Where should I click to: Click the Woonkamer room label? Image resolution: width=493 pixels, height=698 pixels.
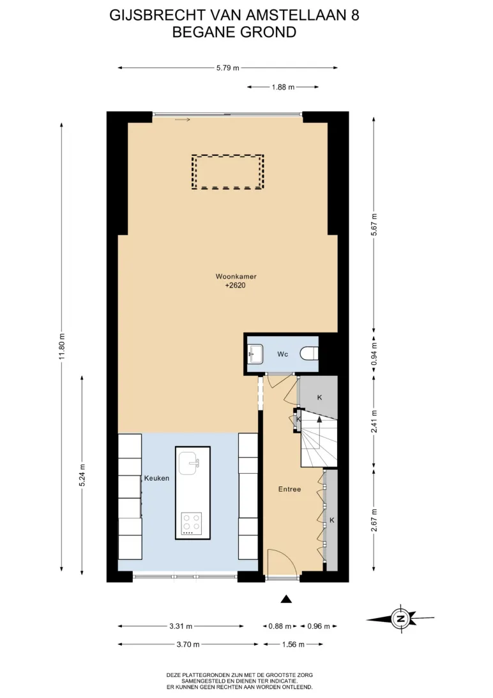click(x=236, y=276)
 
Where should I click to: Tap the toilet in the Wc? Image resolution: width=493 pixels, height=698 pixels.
click(x=309, y=353)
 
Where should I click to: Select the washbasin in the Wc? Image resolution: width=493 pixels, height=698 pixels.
click(x=255, y=354)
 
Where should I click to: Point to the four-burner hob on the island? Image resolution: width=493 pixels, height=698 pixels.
click(x=192, y=523)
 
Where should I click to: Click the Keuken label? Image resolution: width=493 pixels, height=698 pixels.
click(x=156, y=478)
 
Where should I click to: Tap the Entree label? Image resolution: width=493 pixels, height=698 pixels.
click(x=289, y=489)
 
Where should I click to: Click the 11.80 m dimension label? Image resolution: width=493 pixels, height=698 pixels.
click(x=62, y=346)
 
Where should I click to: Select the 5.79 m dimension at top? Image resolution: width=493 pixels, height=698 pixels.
click(x=227, y=68)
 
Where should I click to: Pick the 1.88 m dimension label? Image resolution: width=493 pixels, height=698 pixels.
click(x=283, y=87)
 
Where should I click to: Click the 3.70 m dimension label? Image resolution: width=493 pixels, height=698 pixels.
click(x=188, y=644)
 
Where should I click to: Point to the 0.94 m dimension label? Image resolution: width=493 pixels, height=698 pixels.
click(x=374, y=354)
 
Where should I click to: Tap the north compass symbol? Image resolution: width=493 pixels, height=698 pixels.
click(x=400, y=618)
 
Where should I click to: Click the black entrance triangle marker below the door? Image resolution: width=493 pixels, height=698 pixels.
click(x=286, y=599)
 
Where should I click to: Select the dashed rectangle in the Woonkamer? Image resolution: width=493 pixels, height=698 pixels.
click(x=227, y=172)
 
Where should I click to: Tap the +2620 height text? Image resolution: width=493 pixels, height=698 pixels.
click(x=235, y=285)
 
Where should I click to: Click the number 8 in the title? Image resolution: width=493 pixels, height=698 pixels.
click(x=355, y=15)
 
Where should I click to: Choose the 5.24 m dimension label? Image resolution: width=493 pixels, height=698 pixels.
click(x=82, y=476)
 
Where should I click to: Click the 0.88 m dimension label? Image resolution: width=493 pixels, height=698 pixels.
click(x=280, y=626)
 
